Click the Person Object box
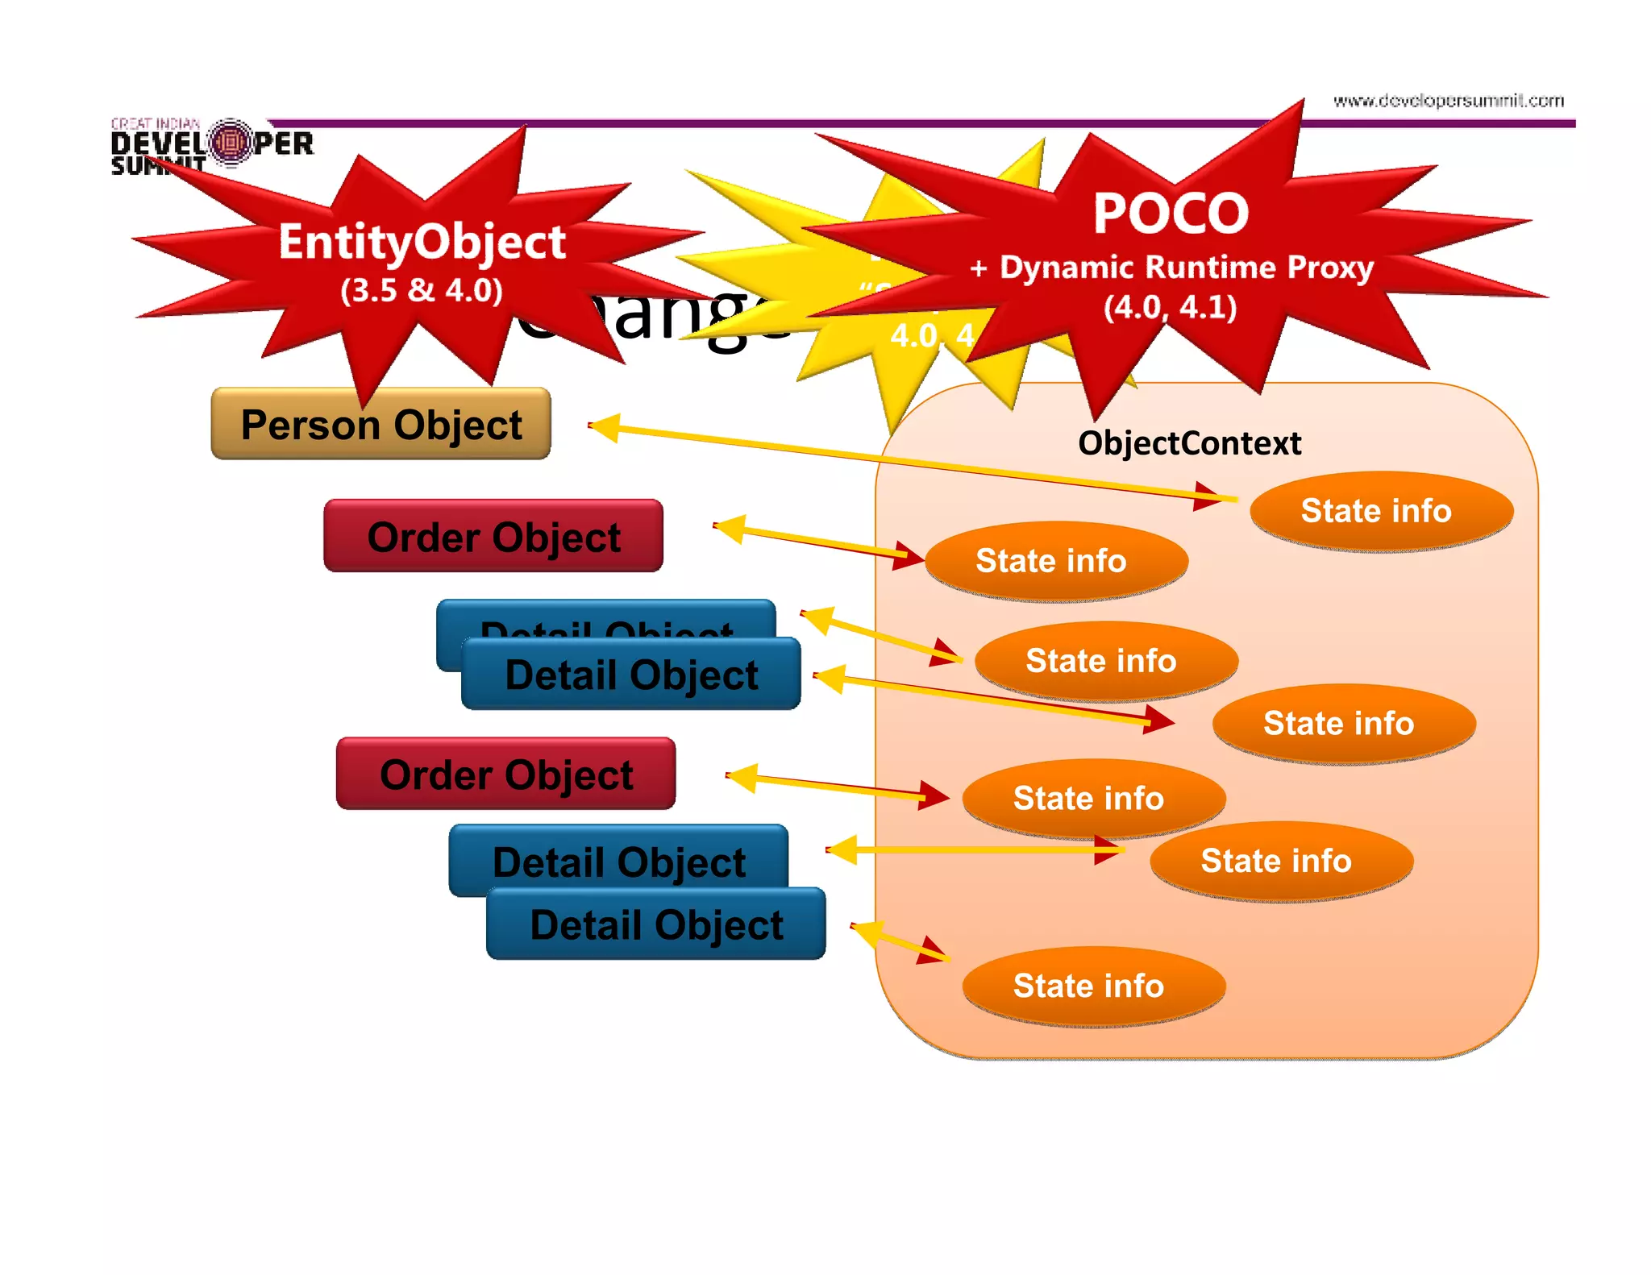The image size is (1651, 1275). [381, 424]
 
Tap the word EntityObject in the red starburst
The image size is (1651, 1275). [422, 242]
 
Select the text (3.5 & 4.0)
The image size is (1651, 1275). [422, 290]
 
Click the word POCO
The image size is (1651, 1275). [1171, 214]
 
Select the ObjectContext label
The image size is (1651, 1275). [1189, 443]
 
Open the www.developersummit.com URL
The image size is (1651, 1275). [1448, 101]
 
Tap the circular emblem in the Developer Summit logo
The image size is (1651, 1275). [231, 143]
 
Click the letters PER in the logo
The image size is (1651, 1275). [284, 144]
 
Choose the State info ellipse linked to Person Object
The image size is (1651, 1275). [1381, 511]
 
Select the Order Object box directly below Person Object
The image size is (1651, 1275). [493, 536]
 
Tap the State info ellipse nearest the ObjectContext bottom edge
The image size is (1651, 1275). [1093, 986]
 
